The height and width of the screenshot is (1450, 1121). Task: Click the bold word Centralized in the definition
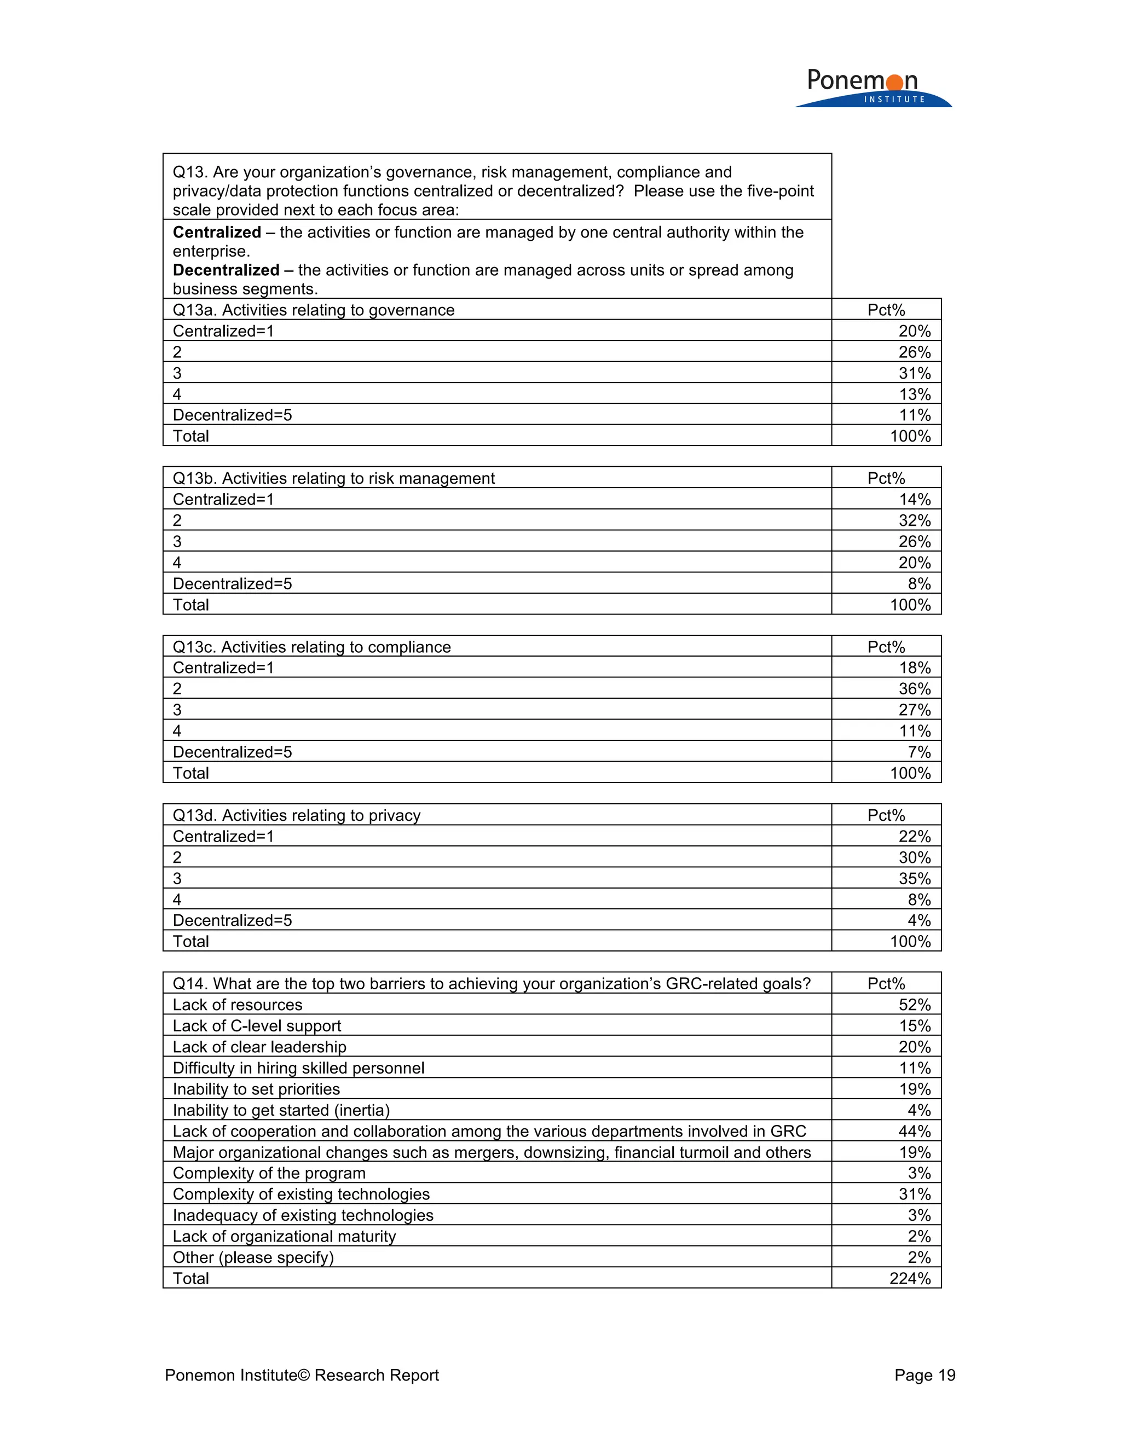pos(217,233)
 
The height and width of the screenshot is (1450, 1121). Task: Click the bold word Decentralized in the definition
pos(226,270)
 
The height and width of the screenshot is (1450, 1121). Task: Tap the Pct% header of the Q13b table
pos(886,478)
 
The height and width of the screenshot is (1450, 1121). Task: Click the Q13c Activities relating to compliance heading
pos(311,647)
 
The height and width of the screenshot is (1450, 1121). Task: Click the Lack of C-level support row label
pos(256,1026)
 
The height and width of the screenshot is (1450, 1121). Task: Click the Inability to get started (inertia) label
pos(281,1110)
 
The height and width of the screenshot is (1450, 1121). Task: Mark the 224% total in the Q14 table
pos(910,1279)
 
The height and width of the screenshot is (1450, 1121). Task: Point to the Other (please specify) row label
pos(253,1257)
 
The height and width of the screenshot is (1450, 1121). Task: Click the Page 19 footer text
pos(924,1375)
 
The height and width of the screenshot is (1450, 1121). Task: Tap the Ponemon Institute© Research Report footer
pos(302,1375)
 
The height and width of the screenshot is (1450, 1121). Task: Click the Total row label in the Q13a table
pos(190,436)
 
